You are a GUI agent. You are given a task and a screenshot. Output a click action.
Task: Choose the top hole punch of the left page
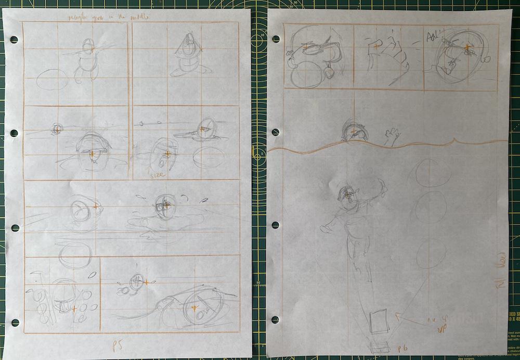14,40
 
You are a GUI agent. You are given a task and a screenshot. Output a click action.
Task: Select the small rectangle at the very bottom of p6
378,348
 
